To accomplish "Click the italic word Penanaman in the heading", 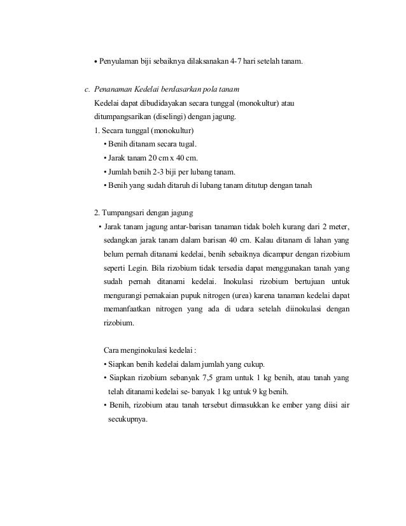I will click(x=116, y=90).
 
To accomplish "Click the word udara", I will click(x=239, y=310).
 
